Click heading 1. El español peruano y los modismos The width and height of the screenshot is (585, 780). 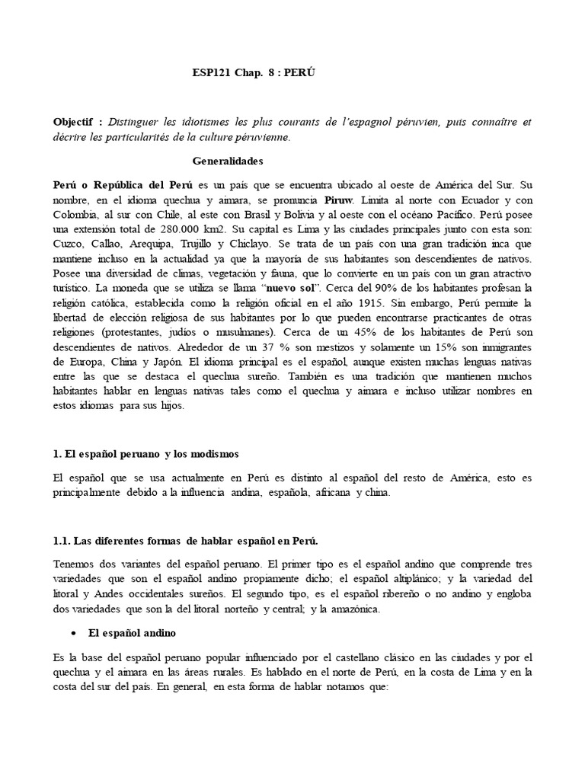click(146, 454)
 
